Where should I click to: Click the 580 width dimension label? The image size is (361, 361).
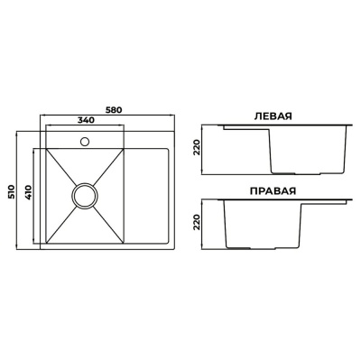[x=114, y=110]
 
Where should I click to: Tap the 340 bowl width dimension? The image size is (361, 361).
[x=86, y=120]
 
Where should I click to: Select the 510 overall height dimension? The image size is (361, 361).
[x=12, y=190]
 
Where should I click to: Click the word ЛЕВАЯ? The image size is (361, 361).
[x=273, y=116]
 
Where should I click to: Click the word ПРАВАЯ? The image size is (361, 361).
[x=273, y=191]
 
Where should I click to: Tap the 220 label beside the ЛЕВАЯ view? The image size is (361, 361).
[x=197, y=148]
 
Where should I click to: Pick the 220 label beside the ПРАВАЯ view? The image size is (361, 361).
[x=197, y=222]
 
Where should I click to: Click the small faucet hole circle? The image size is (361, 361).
[x=85, y=141]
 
